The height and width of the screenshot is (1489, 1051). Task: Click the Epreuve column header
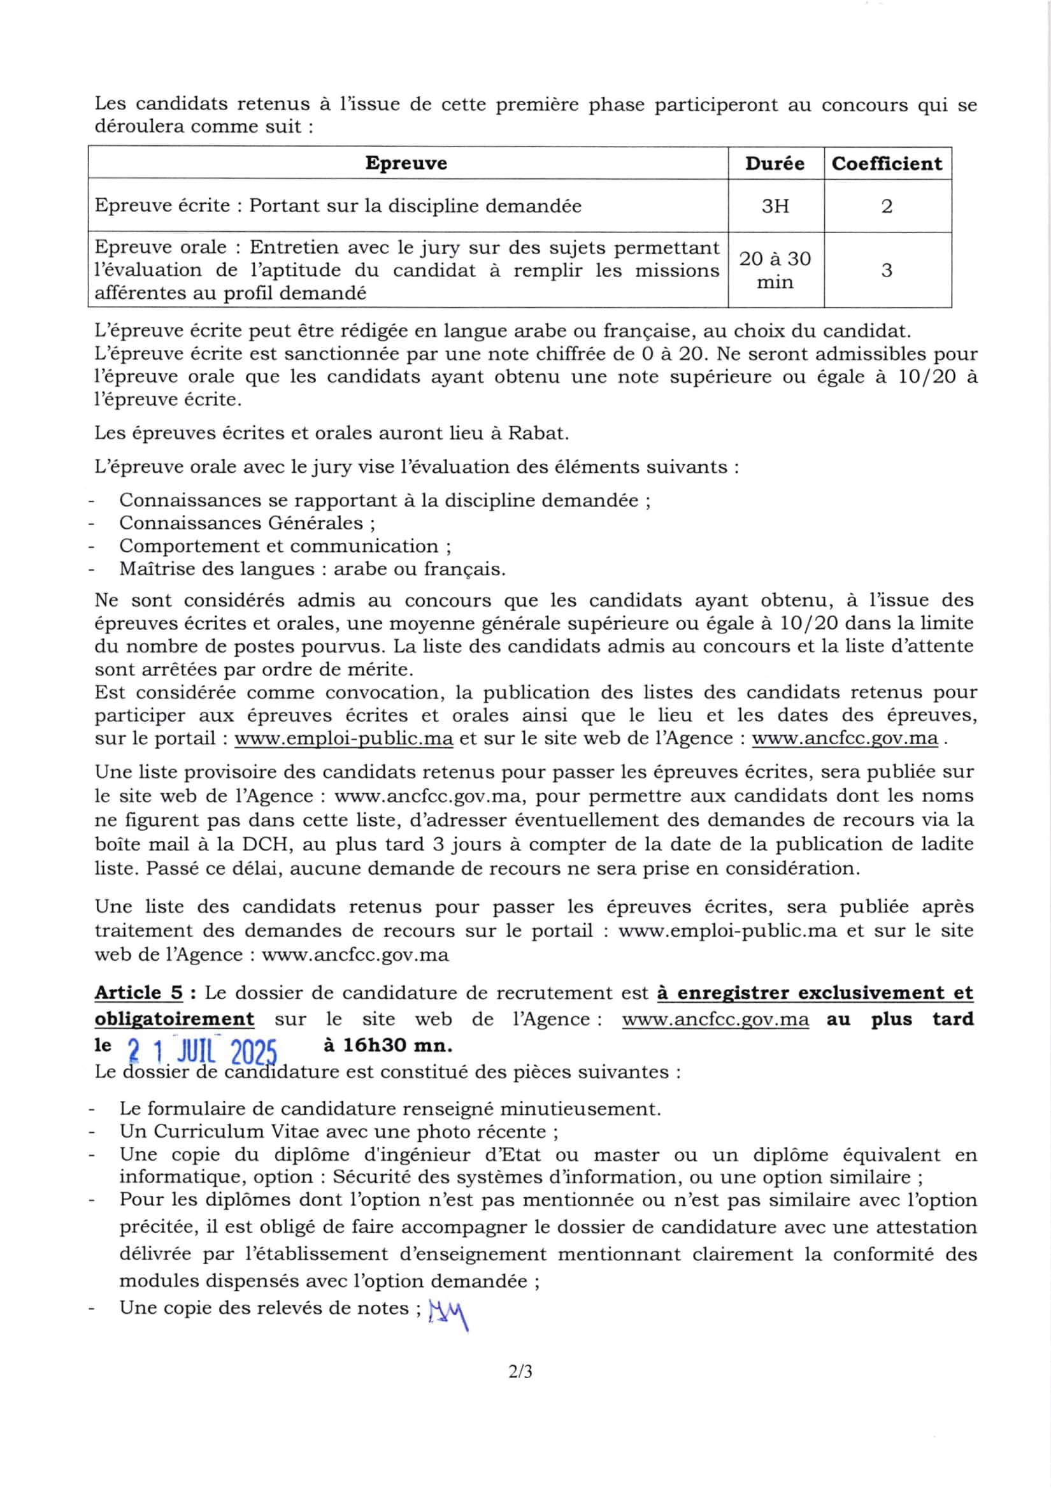[406, 162]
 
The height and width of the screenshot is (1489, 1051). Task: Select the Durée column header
[775, 163]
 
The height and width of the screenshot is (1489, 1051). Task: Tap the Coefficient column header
[886, 163]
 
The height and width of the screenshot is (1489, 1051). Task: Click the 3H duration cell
[775, 206]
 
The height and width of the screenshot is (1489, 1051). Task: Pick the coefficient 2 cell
[886, 206]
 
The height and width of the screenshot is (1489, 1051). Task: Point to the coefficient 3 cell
[886, 270]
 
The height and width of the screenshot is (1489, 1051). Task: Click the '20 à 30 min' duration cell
[775, 270]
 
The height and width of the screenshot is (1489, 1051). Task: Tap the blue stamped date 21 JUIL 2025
[203, 1049]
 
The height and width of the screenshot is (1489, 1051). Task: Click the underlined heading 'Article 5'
[139, 993]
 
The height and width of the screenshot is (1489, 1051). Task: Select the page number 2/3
[520, 1372]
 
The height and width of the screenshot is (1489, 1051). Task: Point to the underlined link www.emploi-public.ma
[343, 738]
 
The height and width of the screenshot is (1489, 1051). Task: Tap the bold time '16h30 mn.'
[387, 1046]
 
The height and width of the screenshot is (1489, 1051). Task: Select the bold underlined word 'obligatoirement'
[175, 1019]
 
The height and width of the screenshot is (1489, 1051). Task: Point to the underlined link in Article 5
[715, 1019]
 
